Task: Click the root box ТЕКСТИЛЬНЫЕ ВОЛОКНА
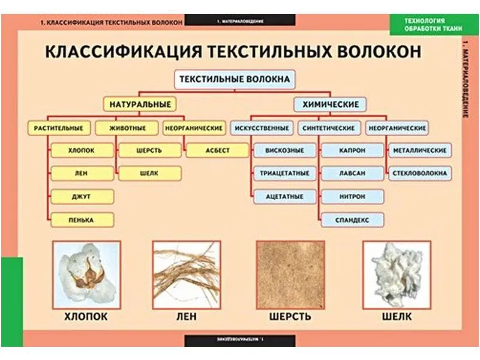pyautogui.click(x=235, y=79)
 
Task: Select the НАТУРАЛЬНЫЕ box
pyautogui.click(x=139, y=104)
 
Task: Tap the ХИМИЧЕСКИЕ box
pyautogui.click(x=330, y=104)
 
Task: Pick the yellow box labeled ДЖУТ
pyautogui.click(x=82, y=196)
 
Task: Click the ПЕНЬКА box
pyautogui.click(x=82, y=220)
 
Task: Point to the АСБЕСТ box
pyautogui.click(x=217, y=150)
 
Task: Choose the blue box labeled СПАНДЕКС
pyautogui.click(x=352, y=220)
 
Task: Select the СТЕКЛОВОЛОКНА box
pyautogui.click(x=419, y=173)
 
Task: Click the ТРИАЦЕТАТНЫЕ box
pyautogui.click(x=284, y=173)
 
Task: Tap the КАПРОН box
pyautogui.click(x=352, y=150)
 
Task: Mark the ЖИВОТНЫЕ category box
pyautogui.click(x=127, y=128)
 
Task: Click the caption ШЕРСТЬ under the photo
pyautogui.click(x=290, y=316)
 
